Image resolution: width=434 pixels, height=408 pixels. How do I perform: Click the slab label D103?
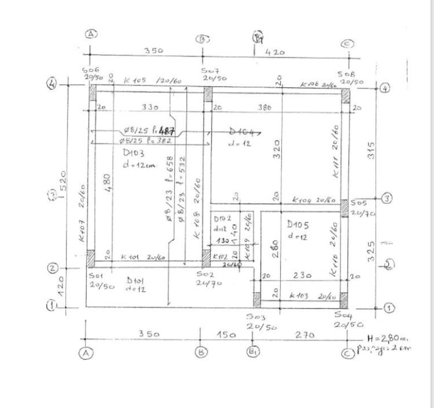[x=134, y=153]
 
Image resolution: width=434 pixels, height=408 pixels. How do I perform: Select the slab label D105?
[x=298, y=224]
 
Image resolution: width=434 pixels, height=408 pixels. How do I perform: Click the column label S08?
[x=347, y=75]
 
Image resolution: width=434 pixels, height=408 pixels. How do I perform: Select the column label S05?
[x=358, y=203]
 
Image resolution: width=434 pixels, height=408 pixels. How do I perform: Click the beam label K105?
[x=135, y=81]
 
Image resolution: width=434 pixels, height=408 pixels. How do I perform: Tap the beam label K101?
[x=130, y=257]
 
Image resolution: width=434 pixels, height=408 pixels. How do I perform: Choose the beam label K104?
[x=303, y=200]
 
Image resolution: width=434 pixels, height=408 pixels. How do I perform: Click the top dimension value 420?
[x=275, y=52]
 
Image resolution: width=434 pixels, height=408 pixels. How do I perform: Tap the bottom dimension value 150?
[x=226, y=335]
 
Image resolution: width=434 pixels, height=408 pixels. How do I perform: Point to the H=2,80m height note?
[x=388, y=338]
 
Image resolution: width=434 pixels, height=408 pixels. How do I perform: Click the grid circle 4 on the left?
[x=52, y=84]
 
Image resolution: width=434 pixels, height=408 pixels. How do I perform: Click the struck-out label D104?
[x=242, y=132]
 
